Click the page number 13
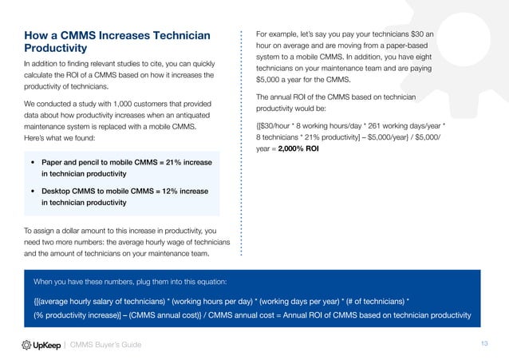point(483,343)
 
